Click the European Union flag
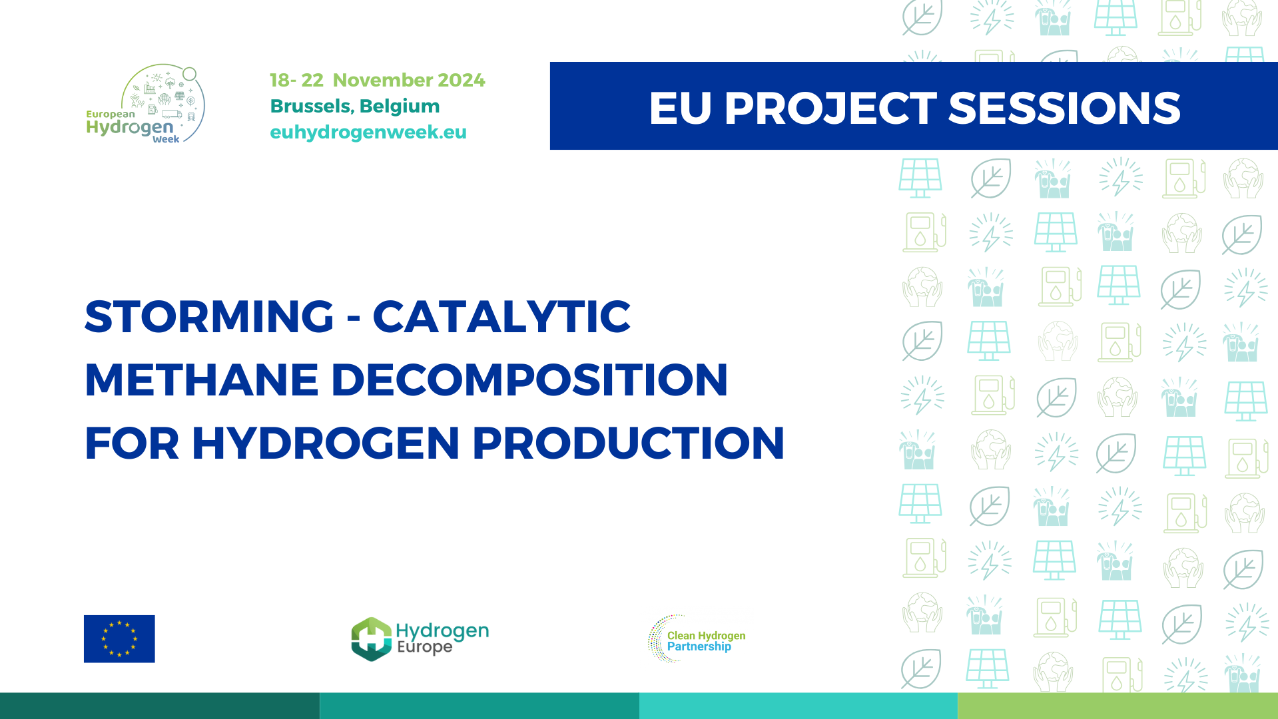tap(119, 638)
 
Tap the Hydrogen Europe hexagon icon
tap(371, 638)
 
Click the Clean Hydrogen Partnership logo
tap(697, 639)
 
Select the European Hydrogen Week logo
tap(146, 104)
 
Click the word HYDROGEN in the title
tap(326, 443)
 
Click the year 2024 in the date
tap(462, 80)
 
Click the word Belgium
tap(400, 106)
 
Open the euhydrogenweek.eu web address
tap(368, 132)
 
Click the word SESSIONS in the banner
tap(1064, 108)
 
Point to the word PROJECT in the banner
tap(830, 108)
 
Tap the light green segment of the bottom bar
tap(1118, 706)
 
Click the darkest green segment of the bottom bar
tap(160, 706)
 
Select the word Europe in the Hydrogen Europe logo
tap(424, 647)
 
